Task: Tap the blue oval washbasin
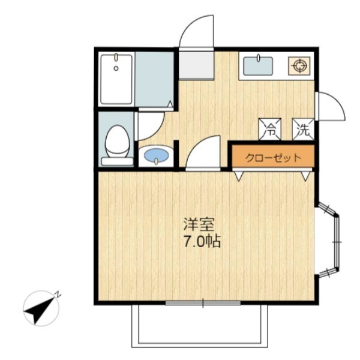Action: point(156,155)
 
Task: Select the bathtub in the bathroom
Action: point(116,79)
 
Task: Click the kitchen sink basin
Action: point(258,66)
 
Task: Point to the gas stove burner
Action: point(299,66)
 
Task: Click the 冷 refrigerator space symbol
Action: point(270,129)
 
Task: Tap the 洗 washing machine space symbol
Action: point(303,129)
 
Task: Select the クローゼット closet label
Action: point(273,158)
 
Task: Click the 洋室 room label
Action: point(199,224)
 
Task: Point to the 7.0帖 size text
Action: point(202,241)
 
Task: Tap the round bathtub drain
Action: point(116,68)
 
